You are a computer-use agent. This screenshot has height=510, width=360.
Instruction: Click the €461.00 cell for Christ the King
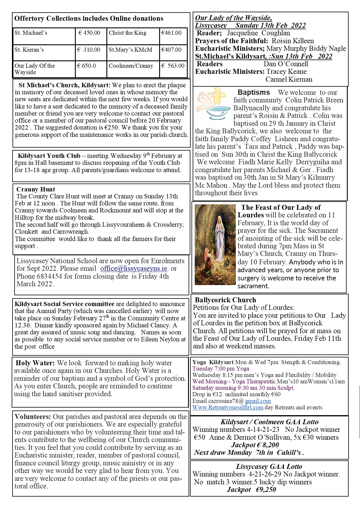pyautogui.click(x=171, y=33)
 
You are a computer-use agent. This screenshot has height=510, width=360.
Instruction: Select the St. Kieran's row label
pyautogui.click(x=29, y=50)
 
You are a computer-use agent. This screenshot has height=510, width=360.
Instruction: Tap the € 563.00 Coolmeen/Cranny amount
pyautogui.click(x=173, y=66)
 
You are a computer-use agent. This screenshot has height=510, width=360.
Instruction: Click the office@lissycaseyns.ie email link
pyautogui.click(x=134, y=268)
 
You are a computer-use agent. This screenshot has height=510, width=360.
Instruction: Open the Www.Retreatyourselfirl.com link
pyautogui.click(x=228, y=407)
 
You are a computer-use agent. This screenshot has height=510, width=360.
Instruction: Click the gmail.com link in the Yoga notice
pyautogui.click(x=258, y=401)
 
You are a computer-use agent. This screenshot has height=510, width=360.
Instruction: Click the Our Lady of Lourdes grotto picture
pyautogui.click(x=215, y=244)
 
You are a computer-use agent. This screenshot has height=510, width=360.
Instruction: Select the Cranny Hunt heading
pyautogui.click(x=36, y=189)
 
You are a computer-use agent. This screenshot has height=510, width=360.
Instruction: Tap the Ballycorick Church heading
pyautogui.click(x=225, y=300)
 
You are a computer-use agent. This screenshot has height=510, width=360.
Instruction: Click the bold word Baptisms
pyautogui.click(x=254, y=92)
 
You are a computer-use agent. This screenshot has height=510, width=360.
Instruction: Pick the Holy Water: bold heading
pyautogui.click(x=35, y=363)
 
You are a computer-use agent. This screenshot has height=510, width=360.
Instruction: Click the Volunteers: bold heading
pyautogui.click(x=33, y=417)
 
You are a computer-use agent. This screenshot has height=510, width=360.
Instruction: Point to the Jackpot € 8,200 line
pyautogui.click(x=255, y=445)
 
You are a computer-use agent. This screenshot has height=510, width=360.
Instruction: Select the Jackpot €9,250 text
pyautogui.click(x=251, y=490)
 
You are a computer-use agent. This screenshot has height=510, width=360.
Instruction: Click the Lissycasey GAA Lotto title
pyautogui.click(x=269, y=467)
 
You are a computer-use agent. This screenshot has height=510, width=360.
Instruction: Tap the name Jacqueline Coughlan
pyautogui.click(x=258, y=33)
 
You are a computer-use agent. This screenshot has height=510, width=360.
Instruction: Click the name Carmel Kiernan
pyautogui.click(x=289, y=79)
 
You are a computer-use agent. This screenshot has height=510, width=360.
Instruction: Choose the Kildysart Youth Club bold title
pyautogui.click(x=49, y=156)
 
